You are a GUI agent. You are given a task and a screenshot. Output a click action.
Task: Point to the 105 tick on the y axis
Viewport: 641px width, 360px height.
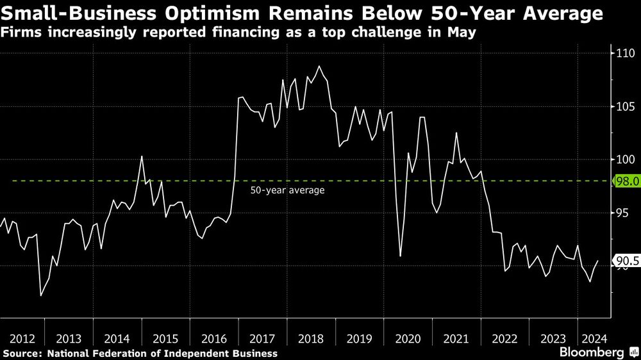(625, 107)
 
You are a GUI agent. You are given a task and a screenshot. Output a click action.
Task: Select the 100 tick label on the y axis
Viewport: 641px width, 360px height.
(625, 160)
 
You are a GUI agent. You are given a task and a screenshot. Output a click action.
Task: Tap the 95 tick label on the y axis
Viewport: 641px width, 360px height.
(625, 213)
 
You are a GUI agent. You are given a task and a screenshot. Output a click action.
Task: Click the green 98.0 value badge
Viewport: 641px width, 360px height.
(625, 182)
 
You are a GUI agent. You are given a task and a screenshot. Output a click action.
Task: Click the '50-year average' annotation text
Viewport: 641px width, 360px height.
(287, 190)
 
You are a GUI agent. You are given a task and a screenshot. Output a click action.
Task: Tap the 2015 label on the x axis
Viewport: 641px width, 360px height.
(166, 339)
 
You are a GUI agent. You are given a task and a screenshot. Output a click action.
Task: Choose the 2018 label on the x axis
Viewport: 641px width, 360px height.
(311, 339)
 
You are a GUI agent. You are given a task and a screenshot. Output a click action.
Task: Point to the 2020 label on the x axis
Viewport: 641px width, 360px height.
(408, 339)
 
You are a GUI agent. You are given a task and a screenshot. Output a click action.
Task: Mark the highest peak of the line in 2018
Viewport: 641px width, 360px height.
(319, 66)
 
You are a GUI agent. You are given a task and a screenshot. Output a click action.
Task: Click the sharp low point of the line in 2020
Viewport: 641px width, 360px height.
(400, 256)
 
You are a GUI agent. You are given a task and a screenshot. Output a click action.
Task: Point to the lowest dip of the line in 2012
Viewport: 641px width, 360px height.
(40, 295)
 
